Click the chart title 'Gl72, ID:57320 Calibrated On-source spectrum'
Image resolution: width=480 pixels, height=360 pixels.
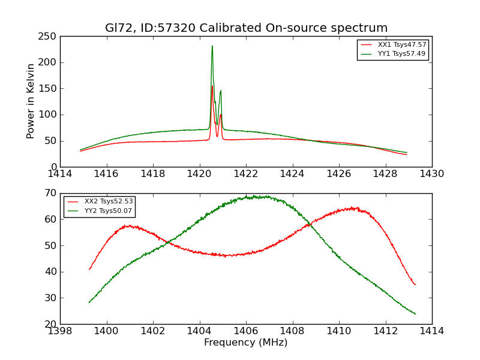point(246,28)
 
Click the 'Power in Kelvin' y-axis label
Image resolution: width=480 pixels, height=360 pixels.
point(31,101)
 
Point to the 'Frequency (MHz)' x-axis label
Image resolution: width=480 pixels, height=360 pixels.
point(246,343)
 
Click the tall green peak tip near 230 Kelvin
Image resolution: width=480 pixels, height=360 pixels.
point(212,46)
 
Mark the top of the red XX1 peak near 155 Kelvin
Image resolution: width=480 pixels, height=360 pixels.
point(212,86)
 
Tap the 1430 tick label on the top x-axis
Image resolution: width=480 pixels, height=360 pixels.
point(432,174)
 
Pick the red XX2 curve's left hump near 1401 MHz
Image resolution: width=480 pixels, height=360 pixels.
point(130,226)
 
